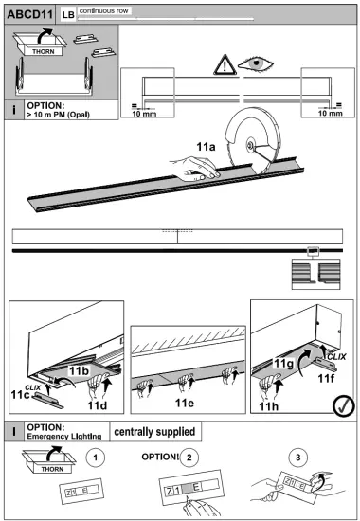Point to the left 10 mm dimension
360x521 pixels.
144,114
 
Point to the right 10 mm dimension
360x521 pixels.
329,114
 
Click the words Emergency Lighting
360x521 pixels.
63,436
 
